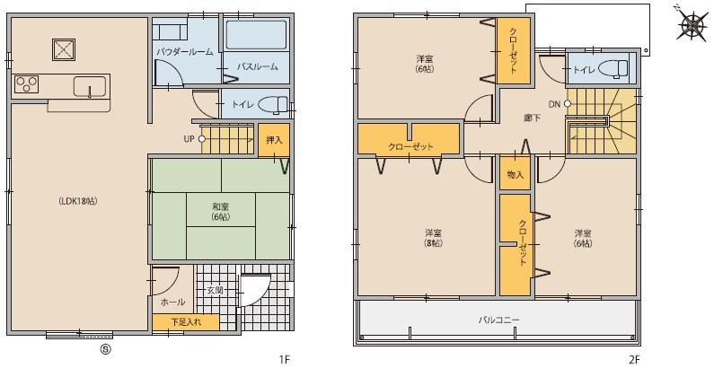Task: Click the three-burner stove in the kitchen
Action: click(26, 84)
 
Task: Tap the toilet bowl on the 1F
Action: click(273, 105)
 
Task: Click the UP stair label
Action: click(189, 139)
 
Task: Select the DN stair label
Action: click(554, 104)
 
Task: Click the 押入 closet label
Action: click(274, 139)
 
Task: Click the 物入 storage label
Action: click(515, 174)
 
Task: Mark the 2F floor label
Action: click(633, 359)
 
